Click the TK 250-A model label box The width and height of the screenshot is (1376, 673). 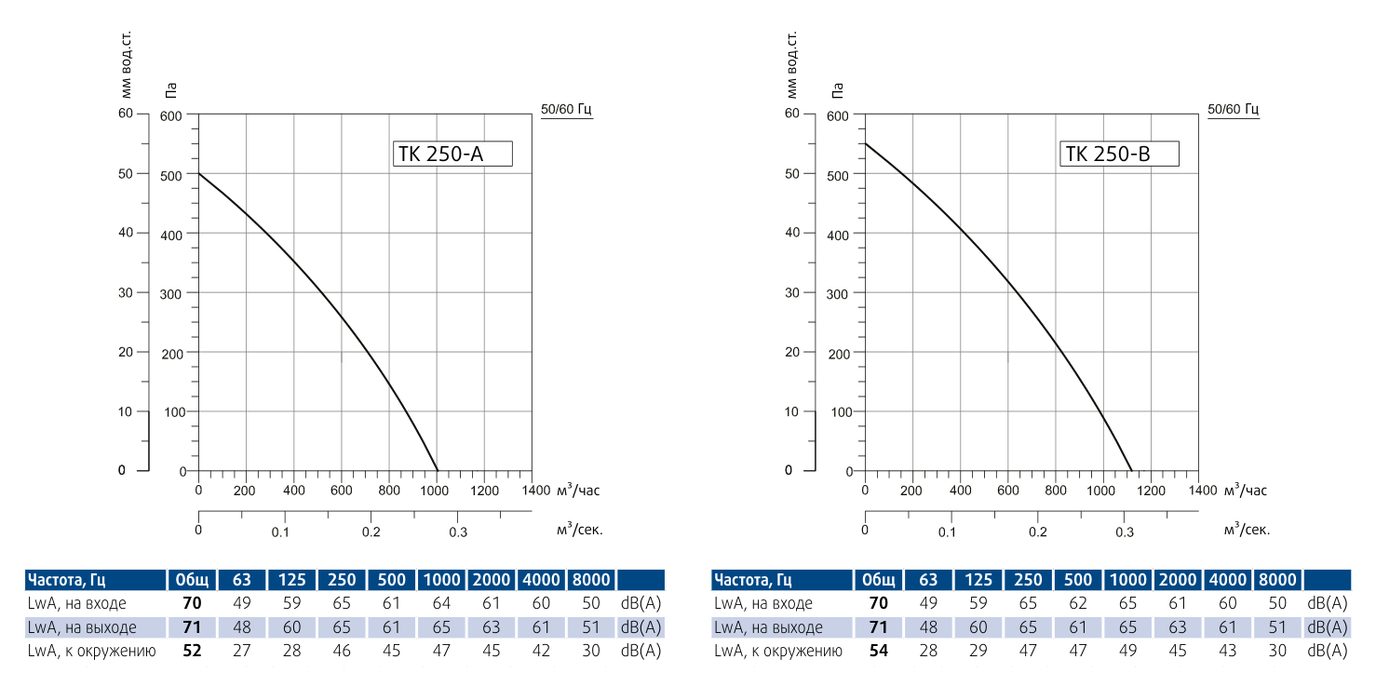(x=453, y=154)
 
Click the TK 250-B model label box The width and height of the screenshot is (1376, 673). (x=1119, y=154)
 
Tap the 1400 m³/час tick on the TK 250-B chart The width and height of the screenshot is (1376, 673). (x=1202, y=490)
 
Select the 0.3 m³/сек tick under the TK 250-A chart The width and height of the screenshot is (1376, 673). (x=459, y=532)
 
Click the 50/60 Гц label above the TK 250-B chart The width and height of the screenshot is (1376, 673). (x=1233, y=109)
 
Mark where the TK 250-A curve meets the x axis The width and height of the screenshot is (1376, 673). (x=437, y=471)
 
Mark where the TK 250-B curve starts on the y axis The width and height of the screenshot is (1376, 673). (x=865, y=143)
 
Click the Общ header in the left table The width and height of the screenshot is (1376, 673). (x=192, y=581)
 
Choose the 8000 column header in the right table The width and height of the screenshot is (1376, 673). (x=1276, y=581)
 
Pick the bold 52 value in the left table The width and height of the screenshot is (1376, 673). (x=193, y=650)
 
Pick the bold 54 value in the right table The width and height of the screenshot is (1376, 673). (x=879, y=650)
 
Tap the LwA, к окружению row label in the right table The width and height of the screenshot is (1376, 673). (x=777, y=650)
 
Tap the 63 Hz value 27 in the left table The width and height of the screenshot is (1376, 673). (x=242, y=650)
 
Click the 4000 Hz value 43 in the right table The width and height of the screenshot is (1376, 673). (x=1227, y=650)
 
